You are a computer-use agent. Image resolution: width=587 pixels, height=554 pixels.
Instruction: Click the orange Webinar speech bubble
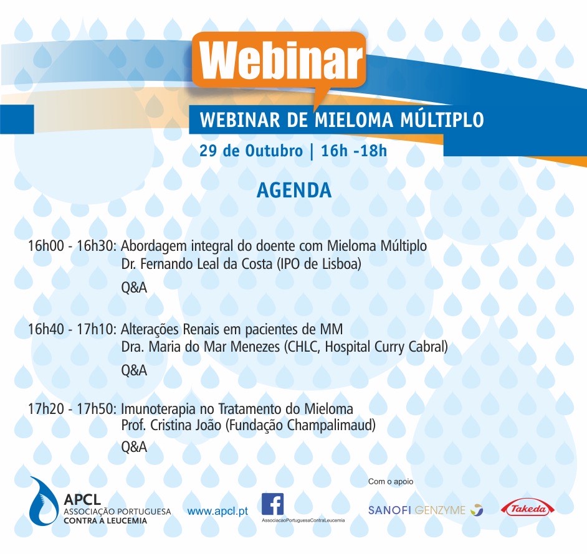click(x=279, y=60)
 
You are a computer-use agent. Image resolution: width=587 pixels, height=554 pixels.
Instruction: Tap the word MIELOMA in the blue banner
click(x=354, y=120)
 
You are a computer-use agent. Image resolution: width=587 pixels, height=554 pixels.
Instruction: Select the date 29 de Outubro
click(x=251, y=151)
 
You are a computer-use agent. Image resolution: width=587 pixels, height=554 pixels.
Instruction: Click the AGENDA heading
click(x=294, y=190)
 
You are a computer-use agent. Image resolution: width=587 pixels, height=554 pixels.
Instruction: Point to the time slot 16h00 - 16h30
click(x=72, y=246)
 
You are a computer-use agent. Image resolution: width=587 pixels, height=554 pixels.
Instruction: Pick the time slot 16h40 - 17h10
click(x=72, y=329)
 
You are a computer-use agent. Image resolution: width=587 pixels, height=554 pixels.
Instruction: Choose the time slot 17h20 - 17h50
click(x=72, y=408)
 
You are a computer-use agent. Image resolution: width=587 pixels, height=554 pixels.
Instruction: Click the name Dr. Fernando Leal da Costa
click(x=197, y=264)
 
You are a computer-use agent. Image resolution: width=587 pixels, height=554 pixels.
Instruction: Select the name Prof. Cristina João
click(x=171, y=425)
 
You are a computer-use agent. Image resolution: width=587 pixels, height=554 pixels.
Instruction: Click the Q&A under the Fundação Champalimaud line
click(x=134, y=448)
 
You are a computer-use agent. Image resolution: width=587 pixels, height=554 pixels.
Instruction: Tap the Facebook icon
click(x=272, y=504)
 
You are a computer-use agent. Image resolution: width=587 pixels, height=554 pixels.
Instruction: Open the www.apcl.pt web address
click(x=217, y=511)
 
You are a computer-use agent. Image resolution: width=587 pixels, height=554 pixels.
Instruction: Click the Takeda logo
click(x=528, y=509)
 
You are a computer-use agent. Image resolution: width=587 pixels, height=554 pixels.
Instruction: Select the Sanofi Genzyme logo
click(x=426, y=510)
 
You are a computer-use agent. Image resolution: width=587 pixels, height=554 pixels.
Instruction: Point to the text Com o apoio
click(x=391, y=481)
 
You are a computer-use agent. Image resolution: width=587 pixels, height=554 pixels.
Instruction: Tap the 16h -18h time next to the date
click(x=354, y=151)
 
